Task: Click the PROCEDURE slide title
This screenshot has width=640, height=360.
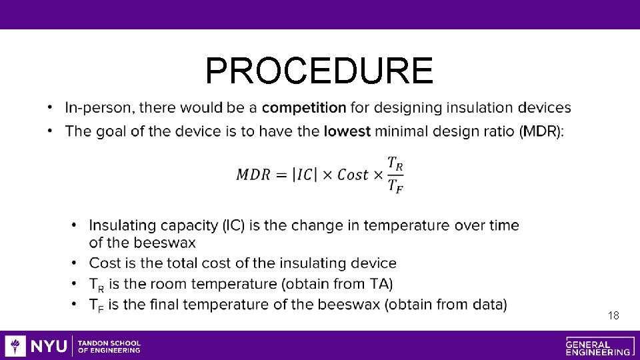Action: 319,71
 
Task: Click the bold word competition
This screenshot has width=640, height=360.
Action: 304,107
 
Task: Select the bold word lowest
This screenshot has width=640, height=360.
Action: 347,131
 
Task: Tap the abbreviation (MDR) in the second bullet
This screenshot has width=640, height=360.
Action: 541,131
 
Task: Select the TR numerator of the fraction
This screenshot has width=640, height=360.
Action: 395,163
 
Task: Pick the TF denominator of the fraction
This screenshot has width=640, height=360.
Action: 395,187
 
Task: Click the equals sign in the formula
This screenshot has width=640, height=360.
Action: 283,175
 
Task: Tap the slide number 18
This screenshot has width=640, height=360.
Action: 613,315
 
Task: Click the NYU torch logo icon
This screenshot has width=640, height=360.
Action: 15,346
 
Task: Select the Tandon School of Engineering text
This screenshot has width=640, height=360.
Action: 109,346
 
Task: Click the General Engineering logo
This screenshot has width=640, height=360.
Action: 598,346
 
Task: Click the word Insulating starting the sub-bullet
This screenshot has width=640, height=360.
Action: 122,225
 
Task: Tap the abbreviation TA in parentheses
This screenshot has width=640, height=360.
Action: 374,284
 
